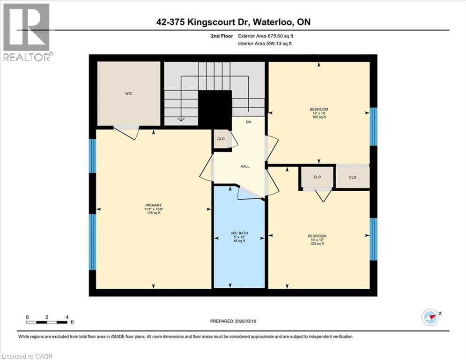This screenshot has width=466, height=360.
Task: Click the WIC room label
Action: pos(129,94)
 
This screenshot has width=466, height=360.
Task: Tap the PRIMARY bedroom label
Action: pos(154,205)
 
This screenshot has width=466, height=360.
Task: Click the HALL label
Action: pos(245,166)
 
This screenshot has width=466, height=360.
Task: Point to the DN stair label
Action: pos(249,122)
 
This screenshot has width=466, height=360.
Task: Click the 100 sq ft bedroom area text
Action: pos(319,117)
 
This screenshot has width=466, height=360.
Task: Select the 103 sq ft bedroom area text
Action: pos(317,244)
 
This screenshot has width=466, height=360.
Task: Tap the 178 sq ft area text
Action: pos(154,213)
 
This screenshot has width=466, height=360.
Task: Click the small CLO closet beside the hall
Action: pos(221,139)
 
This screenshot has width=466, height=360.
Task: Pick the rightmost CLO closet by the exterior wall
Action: pos(353,177)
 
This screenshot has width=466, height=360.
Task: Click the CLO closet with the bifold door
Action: pos(317,177)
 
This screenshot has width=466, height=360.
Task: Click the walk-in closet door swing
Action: pos(127,132)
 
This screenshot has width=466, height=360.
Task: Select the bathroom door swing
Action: pos(248,192)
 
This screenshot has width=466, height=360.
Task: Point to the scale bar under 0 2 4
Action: pos(47,322)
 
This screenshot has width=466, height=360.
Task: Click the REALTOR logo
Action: pos(27,32)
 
